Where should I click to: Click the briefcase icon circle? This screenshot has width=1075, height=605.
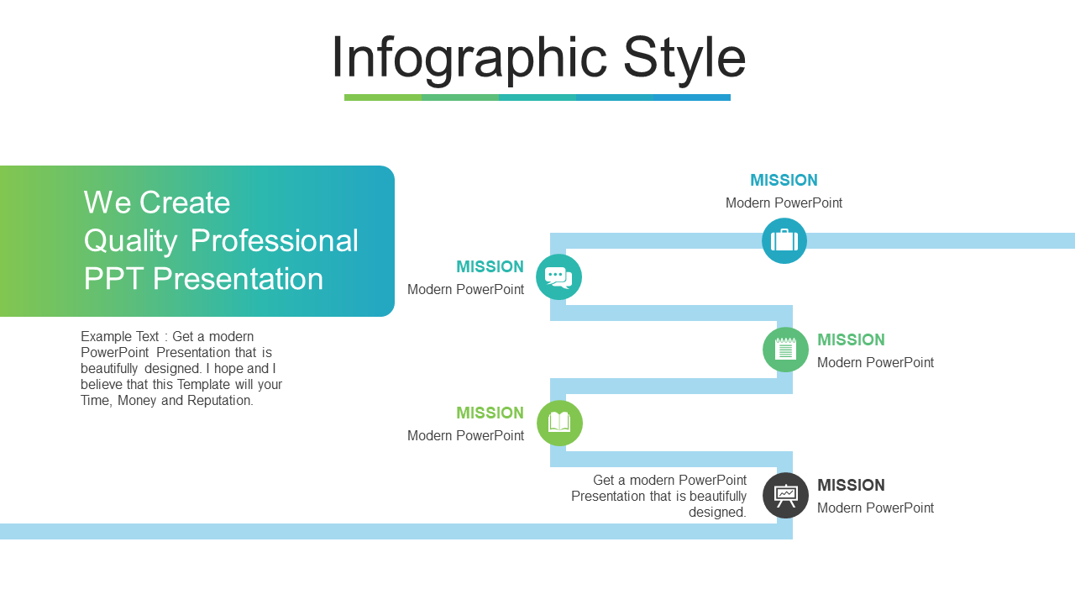pos(784,240)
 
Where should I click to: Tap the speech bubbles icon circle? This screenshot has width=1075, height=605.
pos(558,277)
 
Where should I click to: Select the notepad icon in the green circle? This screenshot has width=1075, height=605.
pos(785,350)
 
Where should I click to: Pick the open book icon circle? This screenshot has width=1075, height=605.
pos(559,423)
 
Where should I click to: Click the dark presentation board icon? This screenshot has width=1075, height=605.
pos(785,496)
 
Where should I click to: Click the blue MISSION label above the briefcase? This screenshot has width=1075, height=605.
pos(784,180)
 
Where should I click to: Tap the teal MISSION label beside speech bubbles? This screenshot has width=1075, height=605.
pos(490,266)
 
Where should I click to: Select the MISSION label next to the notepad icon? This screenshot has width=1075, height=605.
pos(851,339)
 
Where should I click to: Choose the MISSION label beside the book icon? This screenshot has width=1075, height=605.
pos(490,413)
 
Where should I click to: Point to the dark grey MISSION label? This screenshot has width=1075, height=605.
pos(851,485)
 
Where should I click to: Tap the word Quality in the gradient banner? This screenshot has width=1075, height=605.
pos(130,241)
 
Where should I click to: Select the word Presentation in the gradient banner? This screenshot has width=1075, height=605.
pos(238,278)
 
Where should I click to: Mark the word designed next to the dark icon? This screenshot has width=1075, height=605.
pos(717,513)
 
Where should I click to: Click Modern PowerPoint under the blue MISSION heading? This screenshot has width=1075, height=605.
pos(784,203)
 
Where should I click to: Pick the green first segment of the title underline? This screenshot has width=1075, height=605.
pos(383,97)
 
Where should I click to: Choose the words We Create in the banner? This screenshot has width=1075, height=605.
pos(157,203)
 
